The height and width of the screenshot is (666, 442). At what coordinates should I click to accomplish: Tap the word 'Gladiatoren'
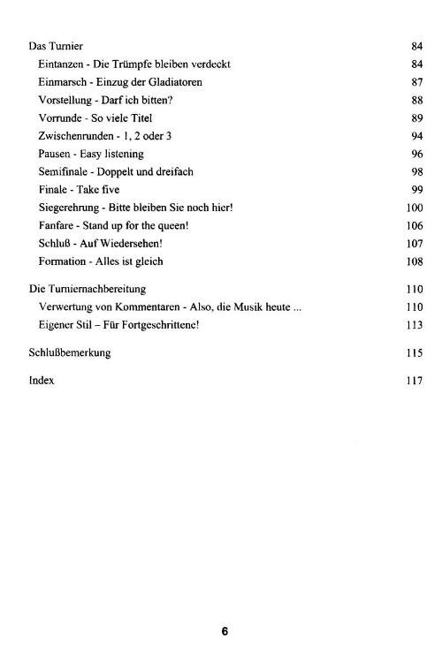pyautogui.click(x=173, y=81)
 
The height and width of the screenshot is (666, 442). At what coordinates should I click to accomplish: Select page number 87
pyautogui.click(x=417, y=81)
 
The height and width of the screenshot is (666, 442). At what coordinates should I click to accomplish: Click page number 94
pyautogui.click(x=417, y=135)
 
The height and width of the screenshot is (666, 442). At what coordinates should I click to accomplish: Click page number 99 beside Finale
pyautogui.click(x=417, y=190)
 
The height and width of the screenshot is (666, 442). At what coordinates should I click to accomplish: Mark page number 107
pyautogui.click(x=415, y=244)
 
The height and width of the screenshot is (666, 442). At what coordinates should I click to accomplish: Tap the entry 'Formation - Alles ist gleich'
pyautogui.click(x=101, y=261)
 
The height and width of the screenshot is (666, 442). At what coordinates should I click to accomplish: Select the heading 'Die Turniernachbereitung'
pyautogui.click(x=88, y=289)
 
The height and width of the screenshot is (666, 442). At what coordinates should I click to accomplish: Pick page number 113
pyautogui.click(x=415, y=325)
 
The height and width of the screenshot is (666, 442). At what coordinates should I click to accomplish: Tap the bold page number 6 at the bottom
pyautogui.click(x=225, y=632)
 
